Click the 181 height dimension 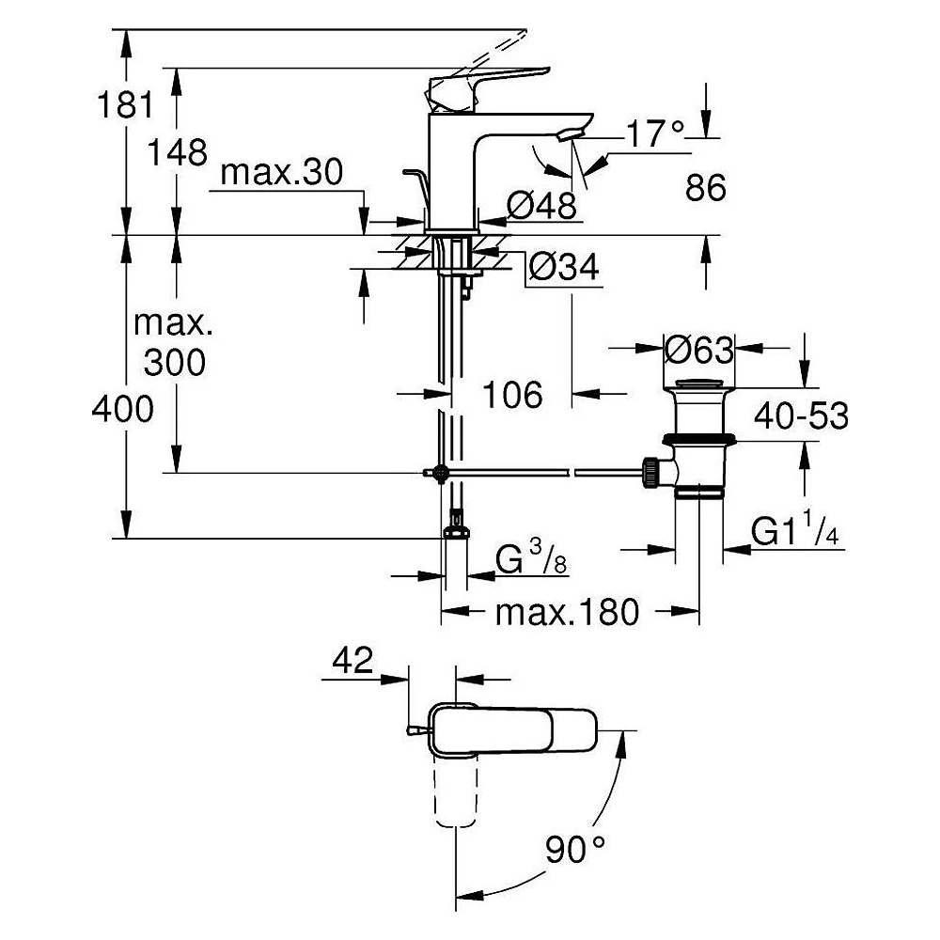click(125, 105)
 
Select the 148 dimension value click(178, 152)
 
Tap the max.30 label click(282, 172)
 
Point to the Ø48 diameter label click(541, 206)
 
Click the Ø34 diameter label click(563, 267)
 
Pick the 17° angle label click(655, 133)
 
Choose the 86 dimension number click(706, 187)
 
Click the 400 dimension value click(123, 410)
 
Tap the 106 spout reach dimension click(512, 395)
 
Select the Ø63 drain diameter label click(699, 350)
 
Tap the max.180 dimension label click(567, 612)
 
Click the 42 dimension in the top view click(353, 660)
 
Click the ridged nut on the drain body click(650, 472)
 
